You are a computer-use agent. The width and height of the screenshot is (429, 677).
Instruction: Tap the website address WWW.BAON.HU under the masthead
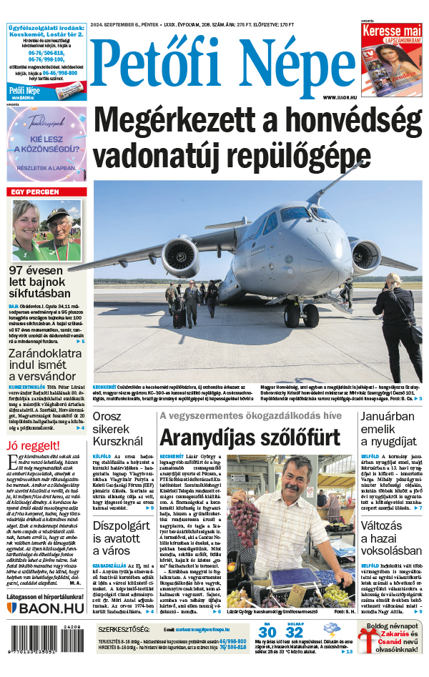point(338,97)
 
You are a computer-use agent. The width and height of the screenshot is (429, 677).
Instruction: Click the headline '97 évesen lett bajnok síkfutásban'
point(40,280)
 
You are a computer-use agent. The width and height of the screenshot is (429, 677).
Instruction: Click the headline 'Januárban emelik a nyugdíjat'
point(387,429)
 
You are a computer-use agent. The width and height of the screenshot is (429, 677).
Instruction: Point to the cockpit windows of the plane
point(294,213)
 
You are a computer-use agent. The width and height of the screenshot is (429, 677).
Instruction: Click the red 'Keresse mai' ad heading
point(390,32)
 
